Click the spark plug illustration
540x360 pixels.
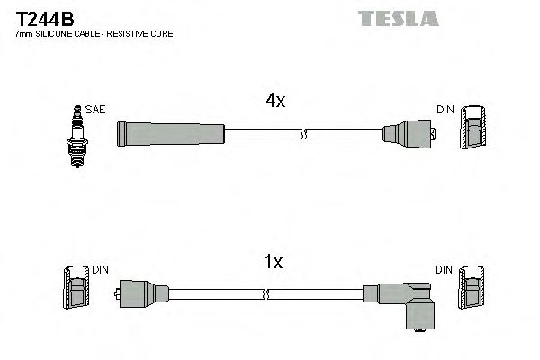(x=76, y=135)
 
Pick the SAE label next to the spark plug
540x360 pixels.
(x=97, y=110)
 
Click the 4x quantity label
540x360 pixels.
(x=275, y=102)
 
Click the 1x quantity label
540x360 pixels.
(x=273, y=263)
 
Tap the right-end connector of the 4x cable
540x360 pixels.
(x=409, y=135)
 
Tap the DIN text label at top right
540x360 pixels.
(x=445, y=110)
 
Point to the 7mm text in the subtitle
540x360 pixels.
(x=22, y=33)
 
